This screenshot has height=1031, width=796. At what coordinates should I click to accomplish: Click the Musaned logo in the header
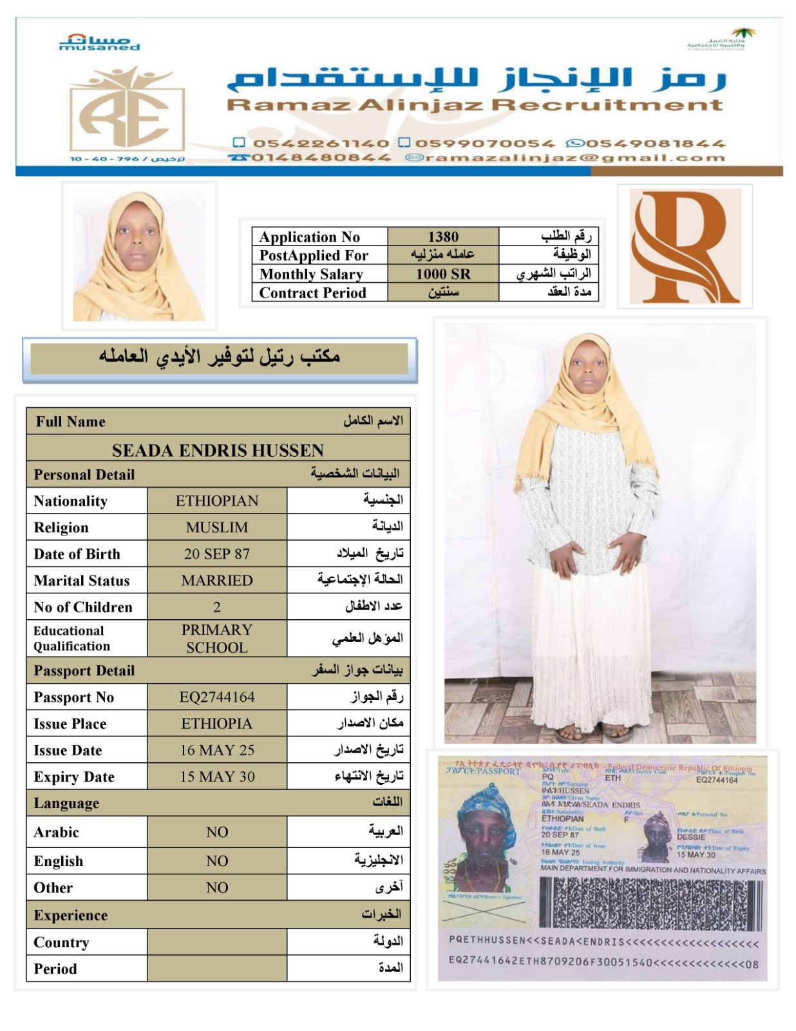pos(99,43)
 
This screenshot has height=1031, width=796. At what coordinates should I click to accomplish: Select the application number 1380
pos(443,236)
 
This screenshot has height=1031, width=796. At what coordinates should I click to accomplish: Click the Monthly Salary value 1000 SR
pos(443,274)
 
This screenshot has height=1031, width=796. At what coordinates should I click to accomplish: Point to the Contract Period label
pos(312,293)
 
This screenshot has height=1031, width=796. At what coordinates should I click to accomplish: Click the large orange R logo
pos(684,246)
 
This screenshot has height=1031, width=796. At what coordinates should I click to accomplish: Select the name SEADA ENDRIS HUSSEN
pos(218,450)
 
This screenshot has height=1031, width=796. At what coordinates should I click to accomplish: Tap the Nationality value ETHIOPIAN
pos(217,501)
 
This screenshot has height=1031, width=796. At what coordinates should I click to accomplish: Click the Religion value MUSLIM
pos(217,527)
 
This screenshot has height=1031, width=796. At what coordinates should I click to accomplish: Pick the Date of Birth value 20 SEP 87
pos(217,554)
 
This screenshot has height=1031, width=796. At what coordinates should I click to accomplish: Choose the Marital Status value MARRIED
pos(217,580)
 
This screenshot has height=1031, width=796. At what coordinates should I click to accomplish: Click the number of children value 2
pos(217,607)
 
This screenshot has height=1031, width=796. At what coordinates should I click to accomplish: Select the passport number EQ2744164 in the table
pos(217,697)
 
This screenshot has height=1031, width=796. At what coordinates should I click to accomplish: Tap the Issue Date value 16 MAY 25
pos(217,750)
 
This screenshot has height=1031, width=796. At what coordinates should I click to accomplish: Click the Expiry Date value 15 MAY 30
pos(217,776)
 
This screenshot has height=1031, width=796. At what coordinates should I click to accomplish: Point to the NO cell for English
pos(217,861)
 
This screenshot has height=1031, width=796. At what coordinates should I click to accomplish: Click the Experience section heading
pos(71,915)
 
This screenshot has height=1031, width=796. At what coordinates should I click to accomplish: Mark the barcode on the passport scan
pos(650,901)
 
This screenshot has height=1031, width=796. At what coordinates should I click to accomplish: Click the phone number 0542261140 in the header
pos(321,143)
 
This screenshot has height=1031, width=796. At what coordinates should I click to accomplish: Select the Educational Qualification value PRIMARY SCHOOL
pos(217,638)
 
